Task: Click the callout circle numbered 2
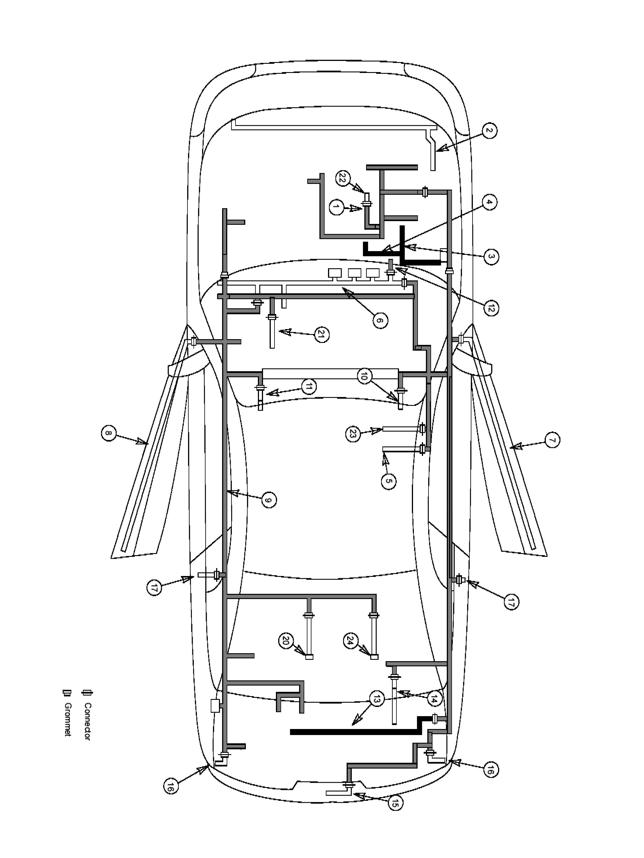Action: click(489, 130)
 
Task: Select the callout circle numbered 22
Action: click(342, 178)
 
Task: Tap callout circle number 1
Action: click(336, 207)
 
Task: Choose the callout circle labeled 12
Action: click(491, 308)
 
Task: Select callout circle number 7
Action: click(552, 440)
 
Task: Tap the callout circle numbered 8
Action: click(109, 433)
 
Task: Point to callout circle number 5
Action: click(388, 481)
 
